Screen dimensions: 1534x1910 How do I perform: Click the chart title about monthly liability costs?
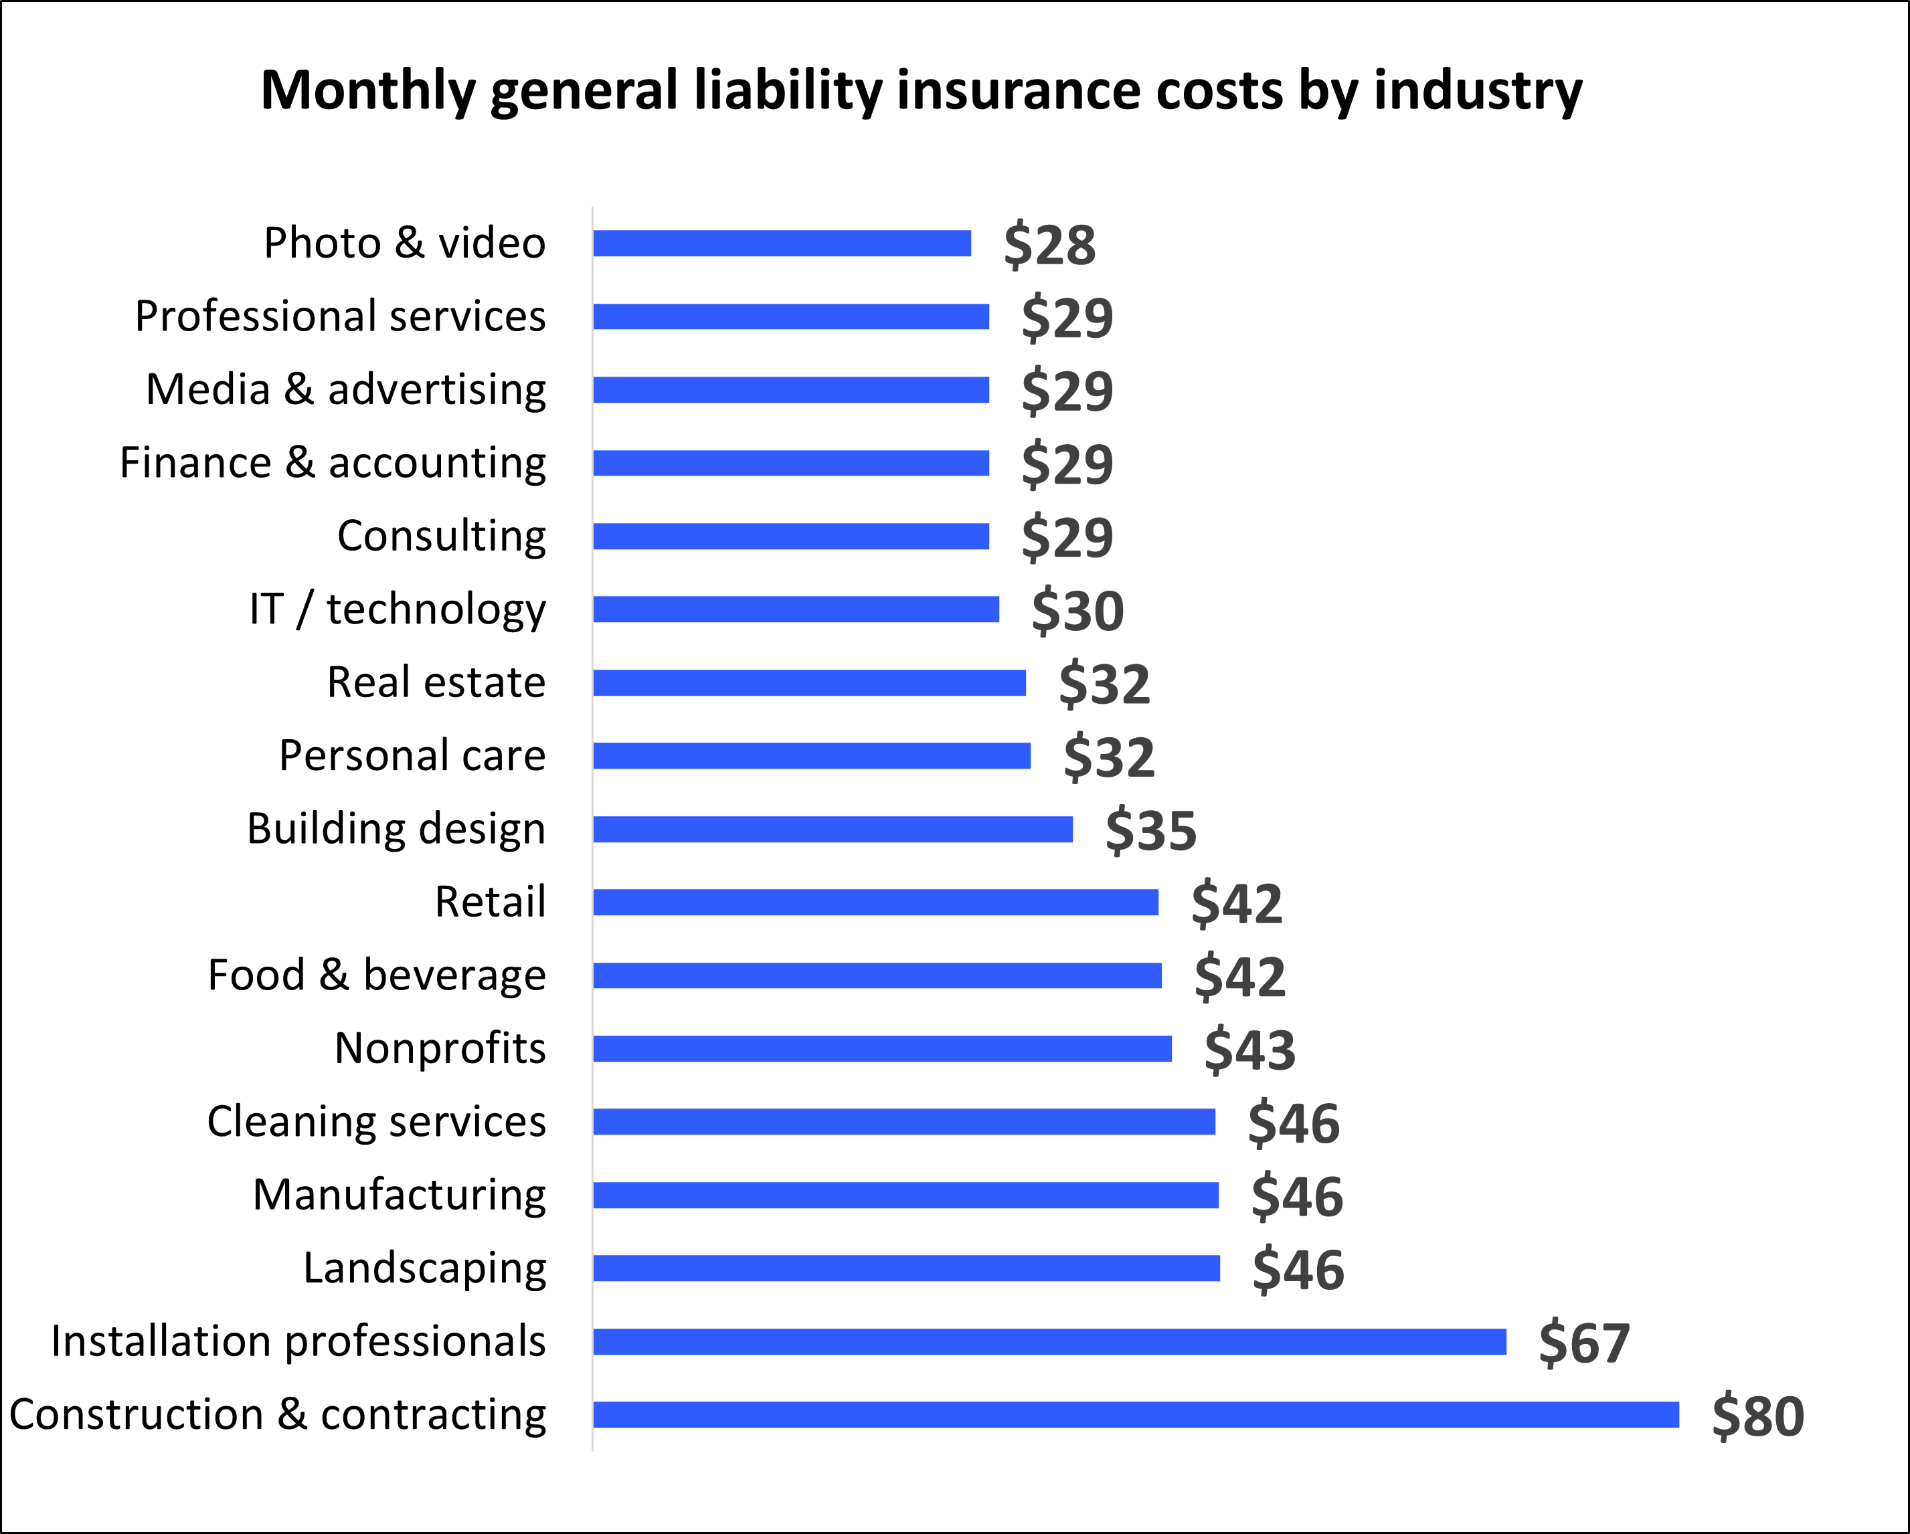tap(922, 91)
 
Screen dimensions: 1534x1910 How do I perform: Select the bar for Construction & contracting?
tap(1136, 1414)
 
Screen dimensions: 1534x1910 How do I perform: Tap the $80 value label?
tap(1757, 1416)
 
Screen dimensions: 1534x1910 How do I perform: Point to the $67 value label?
tap(1584, 1343)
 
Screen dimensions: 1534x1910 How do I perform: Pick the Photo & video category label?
tap(405, 243)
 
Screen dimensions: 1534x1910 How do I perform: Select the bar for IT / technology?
tap(796, 609)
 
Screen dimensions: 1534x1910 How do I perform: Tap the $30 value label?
tap(1077, 611)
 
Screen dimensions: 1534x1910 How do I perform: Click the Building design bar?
tap(833, 829)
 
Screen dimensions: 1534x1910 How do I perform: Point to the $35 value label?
tap(1151, 831)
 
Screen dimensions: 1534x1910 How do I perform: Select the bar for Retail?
tap(875, 902)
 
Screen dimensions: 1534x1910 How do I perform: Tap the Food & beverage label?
tap(377, 975)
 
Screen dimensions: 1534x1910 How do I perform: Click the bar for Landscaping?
tap(906, 1268)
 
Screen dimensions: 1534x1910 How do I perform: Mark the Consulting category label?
tap(441, 536)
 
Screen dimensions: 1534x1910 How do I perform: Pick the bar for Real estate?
tap(809, 683)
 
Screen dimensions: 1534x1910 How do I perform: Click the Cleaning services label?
tap(377, 1121)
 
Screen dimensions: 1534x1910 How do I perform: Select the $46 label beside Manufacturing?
tap(1297, 1197)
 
